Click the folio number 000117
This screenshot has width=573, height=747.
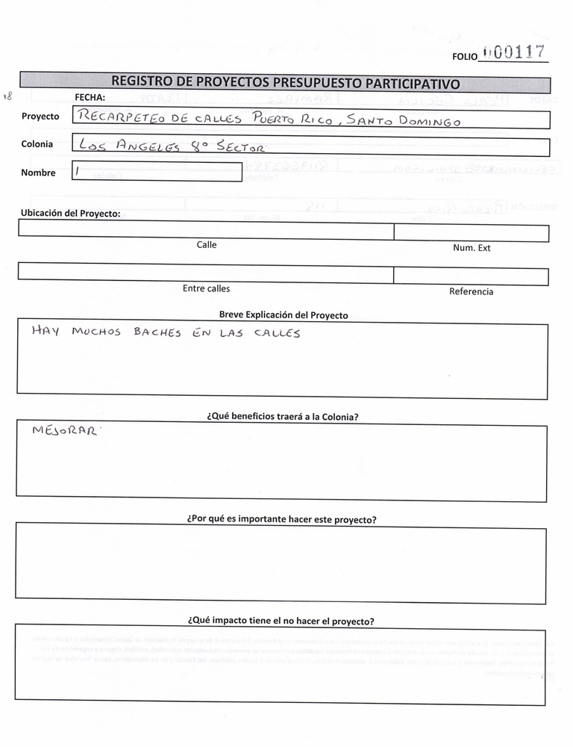pyautogui.click(x=514, y=52)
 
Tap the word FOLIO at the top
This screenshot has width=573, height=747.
pyautogui.click(x=464, y=57)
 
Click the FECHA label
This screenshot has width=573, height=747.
pyautogui.click(x=90, y=97)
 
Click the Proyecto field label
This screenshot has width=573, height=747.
pyautogui.click(x=40, y=117)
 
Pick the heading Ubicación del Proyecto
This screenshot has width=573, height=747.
pyautogui.click(x=70, y=213)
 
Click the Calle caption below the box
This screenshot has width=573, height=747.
pyautogui.click(x=207, y=245)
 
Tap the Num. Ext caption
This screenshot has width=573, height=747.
pyautogui.click(x=472, y=248)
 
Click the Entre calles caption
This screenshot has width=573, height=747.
pyautogui.click(x=207, y=288)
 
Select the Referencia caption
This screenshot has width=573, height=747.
pyautogui.click(x=471, y=291)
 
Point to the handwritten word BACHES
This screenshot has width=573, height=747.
pyautogui.click(x=157, y=333)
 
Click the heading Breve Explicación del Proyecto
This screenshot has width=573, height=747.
pyautogui.click(x=284, y=315)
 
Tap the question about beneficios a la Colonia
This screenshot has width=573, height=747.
pyautogui.click(x=282, y=417)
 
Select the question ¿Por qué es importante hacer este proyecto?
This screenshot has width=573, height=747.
pyautogui.click(x=281, y=519)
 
